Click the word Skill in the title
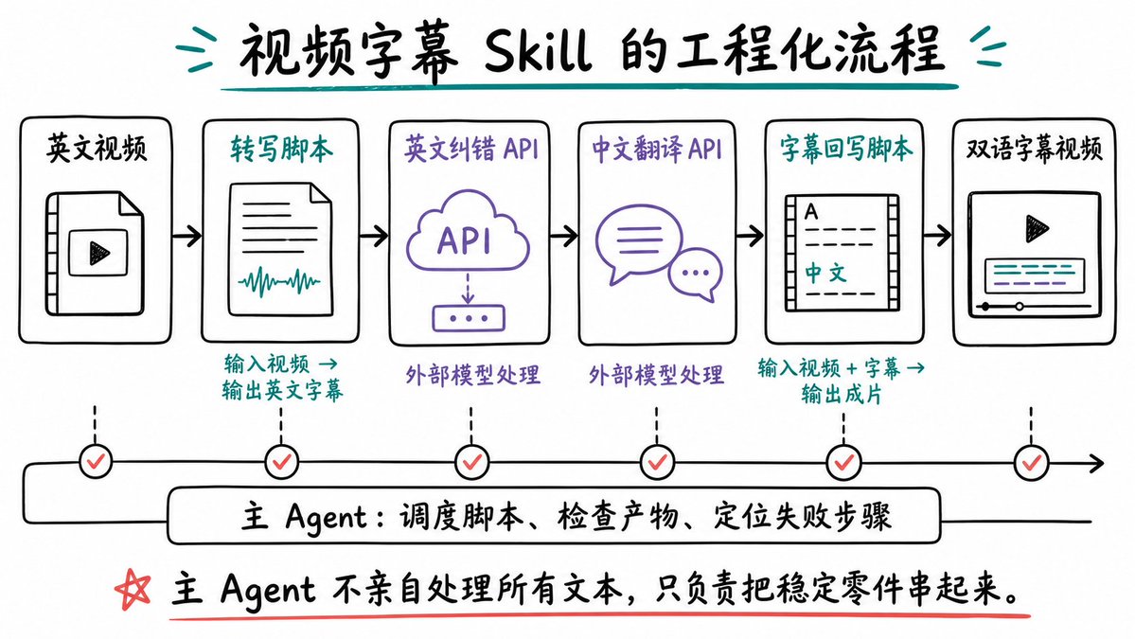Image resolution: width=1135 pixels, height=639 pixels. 537,51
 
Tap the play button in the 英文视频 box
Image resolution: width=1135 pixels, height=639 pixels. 99,254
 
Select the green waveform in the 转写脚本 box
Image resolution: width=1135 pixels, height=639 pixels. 279,281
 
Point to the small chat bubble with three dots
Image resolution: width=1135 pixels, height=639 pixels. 695,275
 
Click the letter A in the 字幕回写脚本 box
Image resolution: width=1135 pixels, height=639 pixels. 811,211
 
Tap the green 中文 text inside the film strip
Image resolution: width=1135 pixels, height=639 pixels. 825,273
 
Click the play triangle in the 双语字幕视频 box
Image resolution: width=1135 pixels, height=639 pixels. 1037,229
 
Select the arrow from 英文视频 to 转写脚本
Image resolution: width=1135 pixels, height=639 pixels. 186,235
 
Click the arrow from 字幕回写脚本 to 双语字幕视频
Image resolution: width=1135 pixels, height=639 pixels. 937,235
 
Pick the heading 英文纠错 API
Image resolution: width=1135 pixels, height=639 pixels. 471,149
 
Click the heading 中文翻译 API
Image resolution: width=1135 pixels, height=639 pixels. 657,149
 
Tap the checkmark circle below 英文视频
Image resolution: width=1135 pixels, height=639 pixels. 96,461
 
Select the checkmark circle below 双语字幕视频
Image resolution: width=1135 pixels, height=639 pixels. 1032,462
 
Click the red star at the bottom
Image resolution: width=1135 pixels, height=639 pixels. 133,589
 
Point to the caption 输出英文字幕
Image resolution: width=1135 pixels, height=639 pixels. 282,391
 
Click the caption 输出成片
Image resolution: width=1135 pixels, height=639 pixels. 842,395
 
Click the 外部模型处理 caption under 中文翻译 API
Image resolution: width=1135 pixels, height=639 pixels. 656,374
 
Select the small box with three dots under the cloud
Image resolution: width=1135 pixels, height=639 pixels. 469,318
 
